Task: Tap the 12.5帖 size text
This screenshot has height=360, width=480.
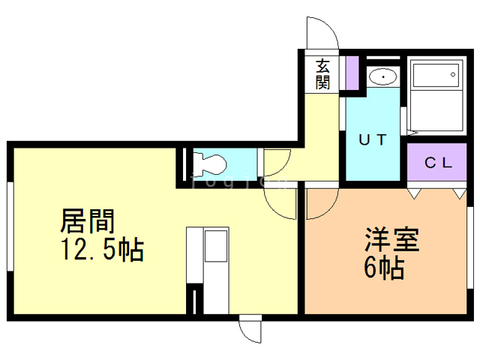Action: pos(102,250)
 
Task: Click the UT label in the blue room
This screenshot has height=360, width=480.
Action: pos(373,140)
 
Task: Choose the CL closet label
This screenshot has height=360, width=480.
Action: pos(438,163)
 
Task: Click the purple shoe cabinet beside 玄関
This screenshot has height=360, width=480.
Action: pos(351,72)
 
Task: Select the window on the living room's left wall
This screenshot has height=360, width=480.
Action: pos(9,224)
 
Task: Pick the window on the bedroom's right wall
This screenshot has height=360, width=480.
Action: pos(470,247)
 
